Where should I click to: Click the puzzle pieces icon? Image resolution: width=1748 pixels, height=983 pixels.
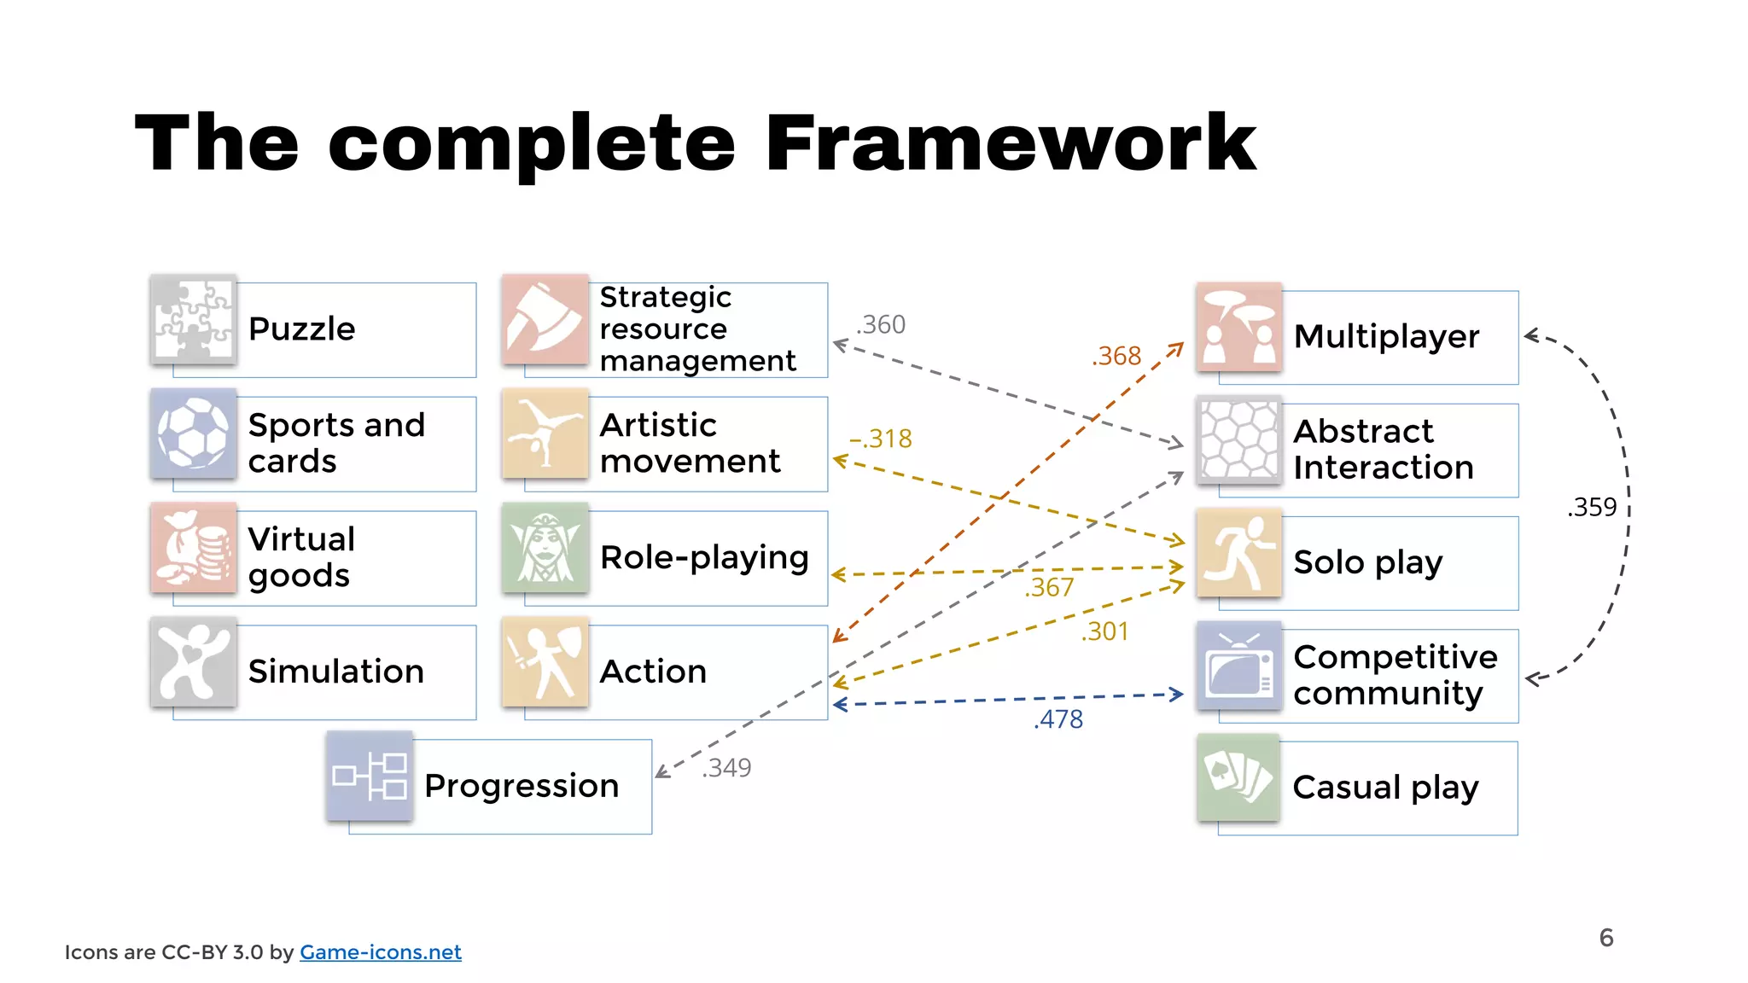click(x=194, y=320)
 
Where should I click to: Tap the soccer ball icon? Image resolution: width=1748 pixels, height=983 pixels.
click(x=194, y=433)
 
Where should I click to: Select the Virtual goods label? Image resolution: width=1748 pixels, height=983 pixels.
click(x=300, y=557)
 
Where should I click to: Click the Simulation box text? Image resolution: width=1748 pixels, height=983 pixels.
click(x=335, y=672)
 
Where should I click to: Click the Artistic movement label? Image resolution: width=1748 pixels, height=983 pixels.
click(x=690, y=443)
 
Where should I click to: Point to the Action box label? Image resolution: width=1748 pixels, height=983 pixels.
click(x=653, y=672)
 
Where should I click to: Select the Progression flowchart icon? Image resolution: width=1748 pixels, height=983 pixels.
click(x=370, y=776)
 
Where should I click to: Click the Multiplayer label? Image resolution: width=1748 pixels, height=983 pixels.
click(x=1386, y=336)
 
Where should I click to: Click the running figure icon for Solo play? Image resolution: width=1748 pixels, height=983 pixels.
click(x=1239, y=553)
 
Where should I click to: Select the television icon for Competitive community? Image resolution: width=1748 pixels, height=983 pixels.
click(x=1239, y=666)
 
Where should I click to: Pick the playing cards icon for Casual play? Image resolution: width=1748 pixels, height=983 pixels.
click(x=1238, y=777)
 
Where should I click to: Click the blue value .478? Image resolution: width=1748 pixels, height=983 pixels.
click(x=1058, y=719)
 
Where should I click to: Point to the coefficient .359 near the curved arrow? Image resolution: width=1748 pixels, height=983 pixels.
click(x=1592, y=507)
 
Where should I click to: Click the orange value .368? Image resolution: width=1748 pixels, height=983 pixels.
click(x=1116, y=356)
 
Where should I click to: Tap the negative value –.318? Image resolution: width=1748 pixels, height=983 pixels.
click(x=881, y=439)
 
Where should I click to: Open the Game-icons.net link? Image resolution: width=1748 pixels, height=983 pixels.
click(x=380, y=952)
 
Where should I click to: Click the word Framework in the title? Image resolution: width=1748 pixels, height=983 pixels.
click(x=1010, y=143)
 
